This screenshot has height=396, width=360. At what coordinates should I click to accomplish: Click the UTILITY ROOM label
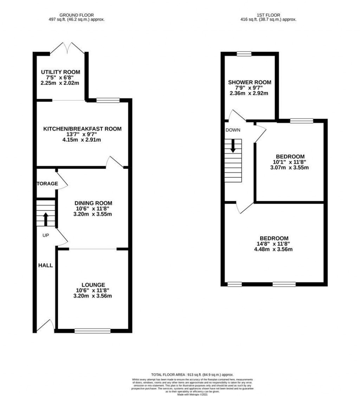(60, 72)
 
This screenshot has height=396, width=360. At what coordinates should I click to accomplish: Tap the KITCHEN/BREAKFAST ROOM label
(82, 129)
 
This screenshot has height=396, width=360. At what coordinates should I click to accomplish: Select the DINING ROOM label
(93, 203)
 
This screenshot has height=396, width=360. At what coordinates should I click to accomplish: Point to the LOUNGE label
(93, 285)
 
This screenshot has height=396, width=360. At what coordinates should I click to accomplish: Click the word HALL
(45, 266)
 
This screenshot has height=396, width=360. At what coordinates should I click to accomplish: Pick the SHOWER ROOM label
(250, 82)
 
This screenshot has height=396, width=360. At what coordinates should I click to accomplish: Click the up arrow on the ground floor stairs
(46, 219)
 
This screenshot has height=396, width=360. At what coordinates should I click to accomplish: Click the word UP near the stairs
(46, 235)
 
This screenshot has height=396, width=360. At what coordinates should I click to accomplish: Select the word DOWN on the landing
(233, 130)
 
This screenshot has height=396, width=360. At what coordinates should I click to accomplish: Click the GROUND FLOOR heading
(77, 15)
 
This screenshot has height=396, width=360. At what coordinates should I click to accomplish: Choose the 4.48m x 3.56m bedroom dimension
(274, 249)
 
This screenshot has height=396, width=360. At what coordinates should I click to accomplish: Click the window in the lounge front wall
(92, 330)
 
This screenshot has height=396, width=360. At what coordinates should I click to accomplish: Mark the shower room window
(244, 54)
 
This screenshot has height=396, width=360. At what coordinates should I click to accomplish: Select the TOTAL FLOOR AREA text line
(192, 375)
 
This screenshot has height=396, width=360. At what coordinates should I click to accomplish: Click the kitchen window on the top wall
(108, 100)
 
